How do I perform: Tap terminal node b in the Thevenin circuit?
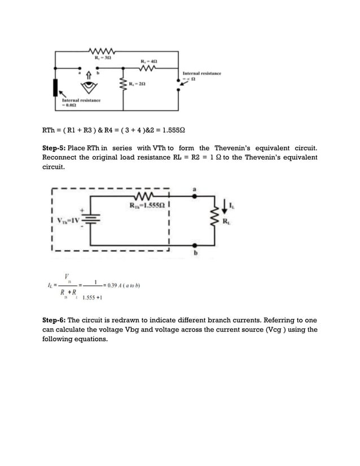tap(195, 245)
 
